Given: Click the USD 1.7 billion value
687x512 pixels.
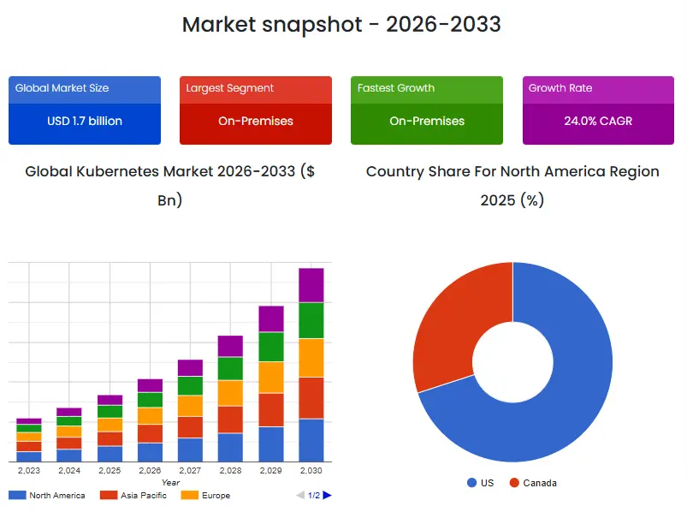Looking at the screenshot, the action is point(85,121).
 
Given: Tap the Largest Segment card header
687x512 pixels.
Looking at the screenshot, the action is point(256,89).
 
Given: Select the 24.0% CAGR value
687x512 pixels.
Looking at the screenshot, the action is point(598,121).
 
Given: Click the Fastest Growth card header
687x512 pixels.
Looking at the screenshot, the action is point(427,89).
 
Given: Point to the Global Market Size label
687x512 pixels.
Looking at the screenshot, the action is point(62,88).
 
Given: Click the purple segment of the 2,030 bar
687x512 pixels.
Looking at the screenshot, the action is point(311,285).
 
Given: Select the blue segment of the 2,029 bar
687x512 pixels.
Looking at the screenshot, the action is point(271,444).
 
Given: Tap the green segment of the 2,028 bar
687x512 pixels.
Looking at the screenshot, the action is point(230,369).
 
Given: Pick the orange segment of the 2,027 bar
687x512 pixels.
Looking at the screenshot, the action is point(190,406).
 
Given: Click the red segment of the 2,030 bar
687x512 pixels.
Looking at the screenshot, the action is point(311,398).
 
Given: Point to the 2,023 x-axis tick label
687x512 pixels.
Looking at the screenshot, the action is point(29,470).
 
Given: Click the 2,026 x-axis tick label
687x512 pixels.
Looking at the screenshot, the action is point(150,470).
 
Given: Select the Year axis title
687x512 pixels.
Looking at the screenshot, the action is point(170,482).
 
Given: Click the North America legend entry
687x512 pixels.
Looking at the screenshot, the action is point(47,496).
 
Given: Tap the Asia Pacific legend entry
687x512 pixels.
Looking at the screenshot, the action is point(133,496).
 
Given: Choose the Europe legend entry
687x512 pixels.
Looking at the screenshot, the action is point(205,496).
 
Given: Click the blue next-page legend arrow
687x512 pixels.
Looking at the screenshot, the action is point(328,496).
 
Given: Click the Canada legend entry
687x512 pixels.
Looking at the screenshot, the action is point(533,483).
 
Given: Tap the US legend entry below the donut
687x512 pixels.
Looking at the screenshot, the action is point(481,483).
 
